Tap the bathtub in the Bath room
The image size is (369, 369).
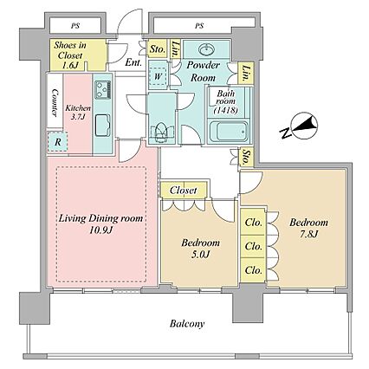click(x=229, y=132)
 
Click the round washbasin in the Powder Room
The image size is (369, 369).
click(x=207, y=49)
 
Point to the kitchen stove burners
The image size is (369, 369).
click(x=103, y=89)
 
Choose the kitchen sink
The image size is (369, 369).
click(x=102, y=125)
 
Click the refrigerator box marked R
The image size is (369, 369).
click(x=58, y=142)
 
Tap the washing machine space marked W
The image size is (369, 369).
click(x=158, y=76)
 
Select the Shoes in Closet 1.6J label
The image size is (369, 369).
click(x=69, y=55)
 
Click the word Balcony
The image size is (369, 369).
click(x=187, y=323)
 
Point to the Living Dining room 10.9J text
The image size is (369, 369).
click(x=100, y=223)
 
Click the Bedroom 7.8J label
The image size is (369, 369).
click(x=308, y=228)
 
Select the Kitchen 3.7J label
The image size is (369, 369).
click(x=78, y=113)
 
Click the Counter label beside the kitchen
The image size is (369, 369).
click(x=55, y=102)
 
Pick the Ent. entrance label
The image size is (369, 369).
click(x=133, y=62)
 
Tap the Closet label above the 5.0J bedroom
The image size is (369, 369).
click(x=183, y=191)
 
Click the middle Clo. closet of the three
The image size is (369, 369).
click(x=253, y=246)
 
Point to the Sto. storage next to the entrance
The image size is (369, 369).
click(x=158, y=49)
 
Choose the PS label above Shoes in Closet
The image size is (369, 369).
click(x=75, y=26)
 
